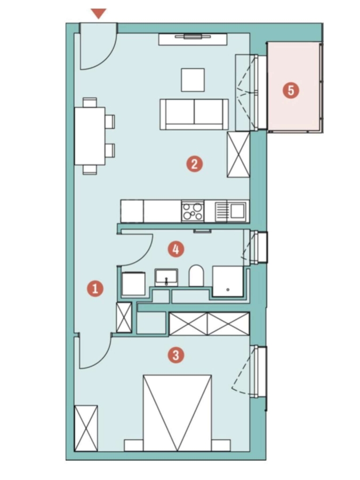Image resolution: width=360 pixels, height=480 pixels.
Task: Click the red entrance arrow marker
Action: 99,13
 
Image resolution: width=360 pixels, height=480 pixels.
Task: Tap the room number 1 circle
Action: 95,289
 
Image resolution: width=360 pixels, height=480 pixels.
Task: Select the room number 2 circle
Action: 194,164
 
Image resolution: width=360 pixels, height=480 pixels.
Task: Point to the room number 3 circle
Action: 176,355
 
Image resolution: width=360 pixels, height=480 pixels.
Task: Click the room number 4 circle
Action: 176,249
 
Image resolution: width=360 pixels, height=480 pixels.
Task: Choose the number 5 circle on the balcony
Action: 291,90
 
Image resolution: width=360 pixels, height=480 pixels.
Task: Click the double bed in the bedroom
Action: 177,413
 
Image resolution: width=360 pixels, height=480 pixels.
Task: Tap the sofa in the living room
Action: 194,114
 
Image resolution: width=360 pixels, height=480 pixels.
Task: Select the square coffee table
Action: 193,80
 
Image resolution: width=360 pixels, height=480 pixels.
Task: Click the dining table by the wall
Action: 90,136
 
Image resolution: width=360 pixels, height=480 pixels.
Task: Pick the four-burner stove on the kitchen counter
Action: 193,211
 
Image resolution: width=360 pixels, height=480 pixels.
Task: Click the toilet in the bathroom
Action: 196,276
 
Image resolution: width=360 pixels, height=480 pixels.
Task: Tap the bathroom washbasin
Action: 166,277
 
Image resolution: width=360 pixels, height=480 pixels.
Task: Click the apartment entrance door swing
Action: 99,46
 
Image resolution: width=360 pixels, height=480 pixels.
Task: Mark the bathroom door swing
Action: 135,250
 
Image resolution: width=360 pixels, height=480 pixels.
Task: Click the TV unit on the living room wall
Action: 193,39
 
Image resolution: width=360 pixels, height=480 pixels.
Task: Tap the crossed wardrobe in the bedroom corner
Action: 86,428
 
